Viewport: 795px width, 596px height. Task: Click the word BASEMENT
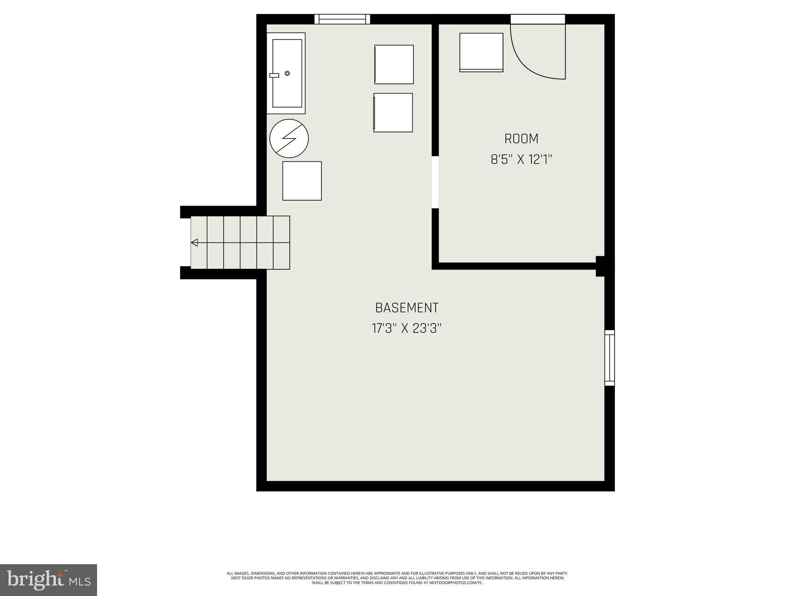[x=406, y=308]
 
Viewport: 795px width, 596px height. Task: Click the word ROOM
[x=521, y=139]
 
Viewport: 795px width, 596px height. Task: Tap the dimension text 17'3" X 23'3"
[x=406, y=329]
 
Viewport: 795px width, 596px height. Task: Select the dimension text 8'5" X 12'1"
[x=521, y=159]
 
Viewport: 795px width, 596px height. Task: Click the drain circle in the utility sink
[x=287, y=73]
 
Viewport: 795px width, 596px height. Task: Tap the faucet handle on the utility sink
[x=274, y=75]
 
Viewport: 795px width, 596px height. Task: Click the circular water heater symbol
[x=289, y=138]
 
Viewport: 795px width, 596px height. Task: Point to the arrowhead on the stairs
[x=194, y=243]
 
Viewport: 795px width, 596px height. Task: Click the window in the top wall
[x=342, y=19]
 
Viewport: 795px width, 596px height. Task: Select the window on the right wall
[x=609, y=358]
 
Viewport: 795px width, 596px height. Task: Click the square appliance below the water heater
[x=302, y=181]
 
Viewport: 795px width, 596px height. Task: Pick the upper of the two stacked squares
[x=394, y=64]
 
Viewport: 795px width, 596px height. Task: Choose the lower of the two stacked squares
[x=393, y=113]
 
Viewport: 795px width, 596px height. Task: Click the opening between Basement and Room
[x=435, y=182]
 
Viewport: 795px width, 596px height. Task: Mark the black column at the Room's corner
[x=600, y=266]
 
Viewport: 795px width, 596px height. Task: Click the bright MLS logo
[x=49, y=580]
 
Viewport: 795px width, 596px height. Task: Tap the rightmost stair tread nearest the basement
[x=281, y=243]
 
